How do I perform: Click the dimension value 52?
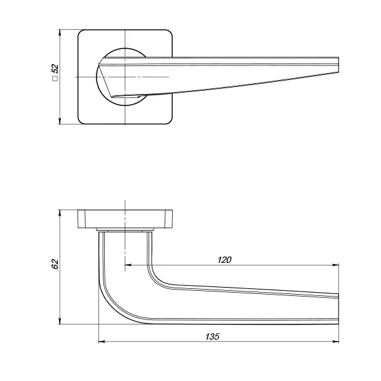(55, 69)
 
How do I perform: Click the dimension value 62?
(55, 264)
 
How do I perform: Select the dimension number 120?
(224, 260)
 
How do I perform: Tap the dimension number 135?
(212, 337)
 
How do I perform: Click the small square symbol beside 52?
(55, 79)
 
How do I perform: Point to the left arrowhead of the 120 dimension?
(128, 265)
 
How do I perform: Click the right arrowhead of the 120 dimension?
(335, 265)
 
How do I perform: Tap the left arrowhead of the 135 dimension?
(102, 342)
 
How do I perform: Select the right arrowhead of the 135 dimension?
(335, 342)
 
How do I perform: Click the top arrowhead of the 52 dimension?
(60, 33)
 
